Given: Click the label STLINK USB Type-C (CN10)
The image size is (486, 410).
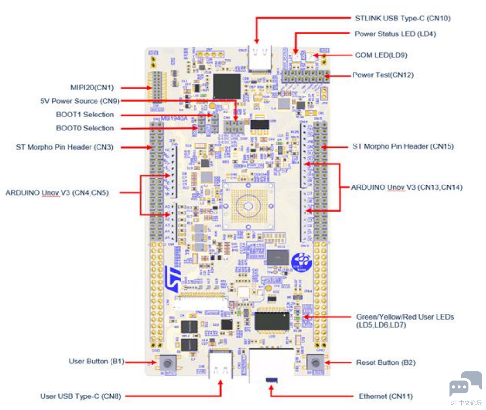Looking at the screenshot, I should coord(402,18).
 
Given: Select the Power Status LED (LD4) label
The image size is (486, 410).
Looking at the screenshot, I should coord(395,34).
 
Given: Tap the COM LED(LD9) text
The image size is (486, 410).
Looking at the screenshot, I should coord(381,55).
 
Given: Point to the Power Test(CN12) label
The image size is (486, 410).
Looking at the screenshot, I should coord(383,75).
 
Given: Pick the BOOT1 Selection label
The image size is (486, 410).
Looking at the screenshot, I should coord(85,115).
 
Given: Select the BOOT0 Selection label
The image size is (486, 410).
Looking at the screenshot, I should coord(85,128).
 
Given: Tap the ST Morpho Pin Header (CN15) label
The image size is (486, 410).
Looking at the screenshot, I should coord(403,146).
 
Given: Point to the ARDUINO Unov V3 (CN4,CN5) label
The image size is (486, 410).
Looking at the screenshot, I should coord(57,192).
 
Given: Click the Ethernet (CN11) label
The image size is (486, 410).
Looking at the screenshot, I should coord(386,396).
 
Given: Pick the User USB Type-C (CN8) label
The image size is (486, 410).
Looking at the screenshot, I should coord(80,396).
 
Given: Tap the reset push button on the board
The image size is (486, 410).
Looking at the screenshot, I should coord(315,362).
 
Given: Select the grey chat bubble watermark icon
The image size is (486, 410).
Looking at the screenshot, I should coord(465,383).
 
